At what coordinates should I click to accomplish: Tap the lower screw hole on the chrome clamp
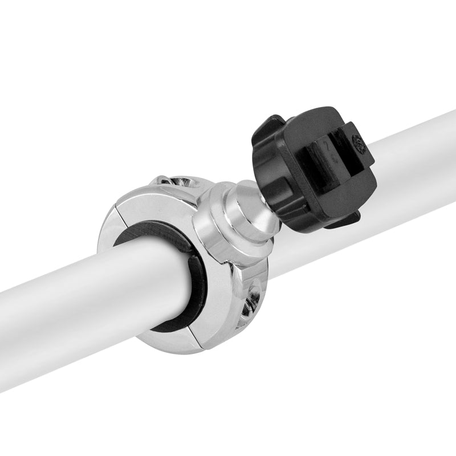251,303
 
